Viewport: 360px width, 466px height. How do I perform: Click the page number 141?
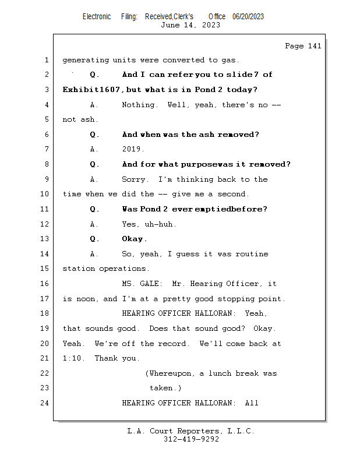coord(315,46)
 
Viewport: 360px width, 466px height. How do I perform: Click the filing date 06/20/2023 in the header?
coord(248,16)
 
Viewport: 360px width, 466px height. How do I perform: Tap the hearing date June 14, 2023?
coord(190,25)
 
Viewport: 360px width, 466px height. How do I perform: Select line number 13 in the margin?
coord(44,239)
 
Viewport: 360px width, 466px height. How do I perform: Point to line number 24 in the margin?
coord(44,403)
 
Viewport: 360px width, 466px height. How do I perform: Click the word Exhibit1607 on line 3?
coord(91,90)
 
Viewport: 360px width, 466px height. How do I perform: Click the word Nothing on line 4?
coord(138,105)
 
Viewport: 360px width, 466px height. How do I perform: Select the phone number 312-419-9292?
coord(191,439)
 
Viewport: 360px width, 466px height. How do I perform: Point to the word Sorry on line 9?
coord(133,179)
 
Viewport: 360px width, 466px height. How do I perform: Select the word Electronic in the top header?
coord(97,16)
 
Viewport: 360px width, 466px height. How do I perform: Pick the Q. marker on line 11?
coord(94,209)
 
